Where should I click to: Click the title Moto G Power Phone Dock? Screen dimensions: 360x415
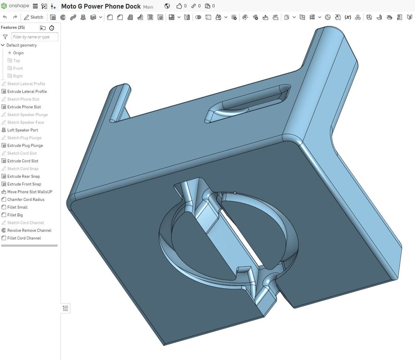point(101,6)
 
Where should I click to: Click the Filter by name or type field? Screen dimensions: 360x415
point(34,37)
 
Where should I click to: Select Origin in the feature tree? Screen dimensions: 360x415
point(18,53)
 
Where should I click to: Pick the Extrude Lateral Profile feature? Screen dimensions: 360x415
point(27,92)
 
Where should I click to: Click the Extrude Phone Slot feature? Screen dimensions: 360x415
point(24,107)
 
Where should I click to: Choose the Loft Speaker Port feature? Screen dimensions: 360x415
point(23,130)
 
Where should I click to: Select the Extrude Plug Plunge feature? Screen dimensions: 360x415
point(25,146)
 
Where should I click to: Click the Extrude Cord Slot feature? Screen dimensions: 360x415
point(23,161)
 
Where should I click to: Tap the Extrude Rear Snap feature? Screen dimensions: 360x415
point(24,176)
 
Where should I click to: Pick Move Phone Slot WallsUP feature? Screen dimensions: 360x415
point(30,192)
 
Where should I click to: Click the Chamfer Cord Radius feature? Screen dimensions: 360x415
point(26,199)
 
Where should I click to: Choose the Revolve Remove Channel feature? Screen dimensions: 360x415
point(29,230)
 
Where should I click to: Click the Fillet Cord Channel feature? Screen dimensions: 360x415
point(24,238)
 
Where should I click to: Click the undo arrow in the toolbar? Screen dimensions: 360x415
point(5,17)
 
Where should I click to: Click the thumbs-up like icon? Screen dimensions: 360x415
point(179,6)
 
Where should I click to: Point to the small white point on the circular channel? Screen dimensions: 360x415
point(235,193)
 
